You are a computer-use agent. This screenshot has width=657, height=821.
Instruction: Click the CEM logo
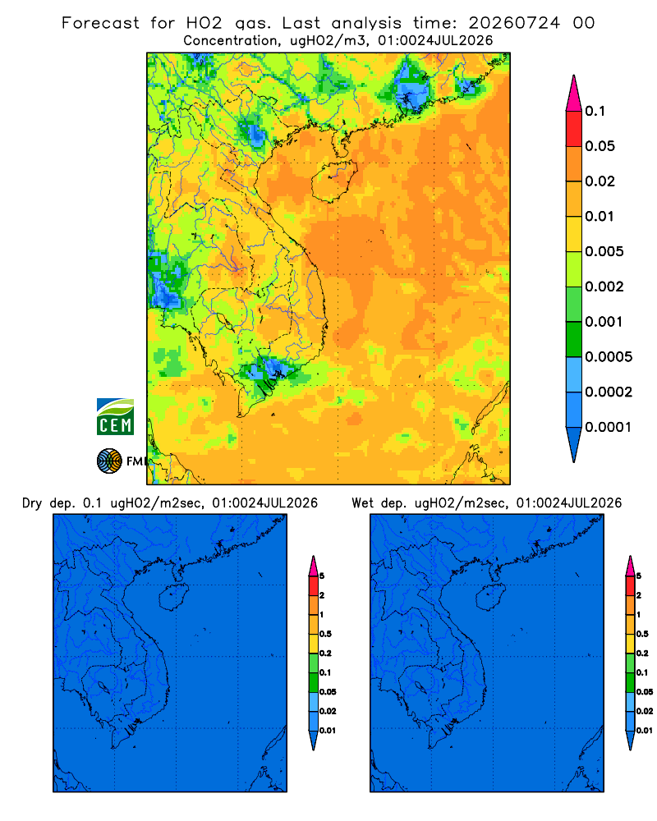115,416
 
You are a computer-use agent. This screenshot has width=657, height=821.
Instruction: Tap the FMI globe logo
109,461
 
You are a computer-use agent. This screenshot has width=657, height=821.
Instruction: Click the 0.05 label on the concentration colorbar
600,146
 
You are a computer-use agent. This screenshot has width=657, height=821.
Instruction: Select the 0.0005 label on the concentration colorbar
609,356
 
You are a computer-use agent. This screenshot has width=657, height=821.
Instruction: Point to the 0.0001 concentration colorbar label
609,427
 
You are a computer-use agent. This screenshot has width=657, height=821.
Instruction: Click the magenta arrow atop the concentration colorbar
574,93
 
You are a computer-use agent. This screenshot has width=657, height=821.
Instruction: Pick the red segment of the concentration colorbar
574,129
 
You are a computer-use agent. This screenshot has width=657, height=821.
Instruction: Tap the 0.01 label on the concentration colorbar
600,216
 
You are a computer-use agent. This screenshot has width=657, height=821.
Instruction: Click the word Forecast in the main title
100,23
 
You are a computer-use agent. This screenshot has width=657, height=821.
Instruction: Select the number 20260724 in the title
514,23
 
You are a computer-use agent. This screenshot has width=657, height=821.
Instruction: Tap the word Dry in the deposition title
31,503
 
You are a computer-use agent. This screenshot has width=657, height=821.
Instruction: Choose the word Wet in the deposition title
362,503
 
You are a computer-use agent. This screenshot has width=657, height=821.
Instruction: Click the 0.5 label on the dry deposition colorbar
325,634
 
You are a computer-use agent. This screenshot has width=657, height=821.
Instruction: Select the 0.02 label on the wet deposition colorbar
645,711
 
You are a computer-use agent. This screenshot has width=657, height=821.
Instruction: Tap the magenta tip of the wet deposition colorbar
630,566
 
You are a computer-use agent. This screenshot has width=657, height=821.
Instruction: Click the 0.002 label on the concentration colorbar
604,287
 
